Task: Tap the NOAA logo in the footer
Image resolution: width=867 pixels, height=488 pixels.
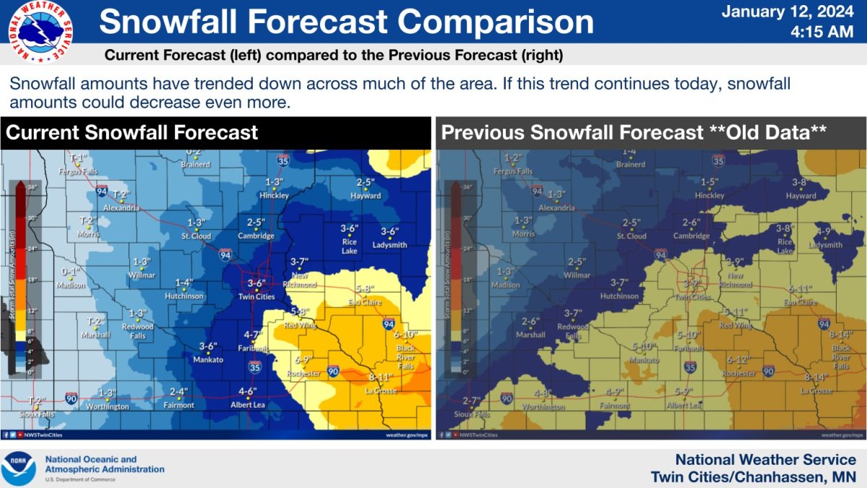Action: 19,468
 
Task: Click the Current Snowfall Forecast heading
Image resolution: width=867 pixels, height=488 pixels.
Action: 131,133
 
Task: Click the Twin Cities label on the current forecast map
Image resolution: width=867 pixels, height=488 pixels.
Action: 256,296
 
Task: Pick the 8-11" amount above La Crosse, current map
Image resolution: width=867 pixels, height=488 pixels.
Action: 380,377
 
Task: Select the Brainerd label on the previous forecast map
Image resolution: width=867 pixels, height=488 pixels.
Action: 631,164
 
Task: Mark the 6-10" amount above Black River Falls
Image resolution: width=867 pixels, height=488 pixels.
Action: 406,335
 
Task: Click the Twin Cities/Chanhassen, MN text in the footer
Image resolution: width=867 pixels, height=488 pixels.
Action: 753,477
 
